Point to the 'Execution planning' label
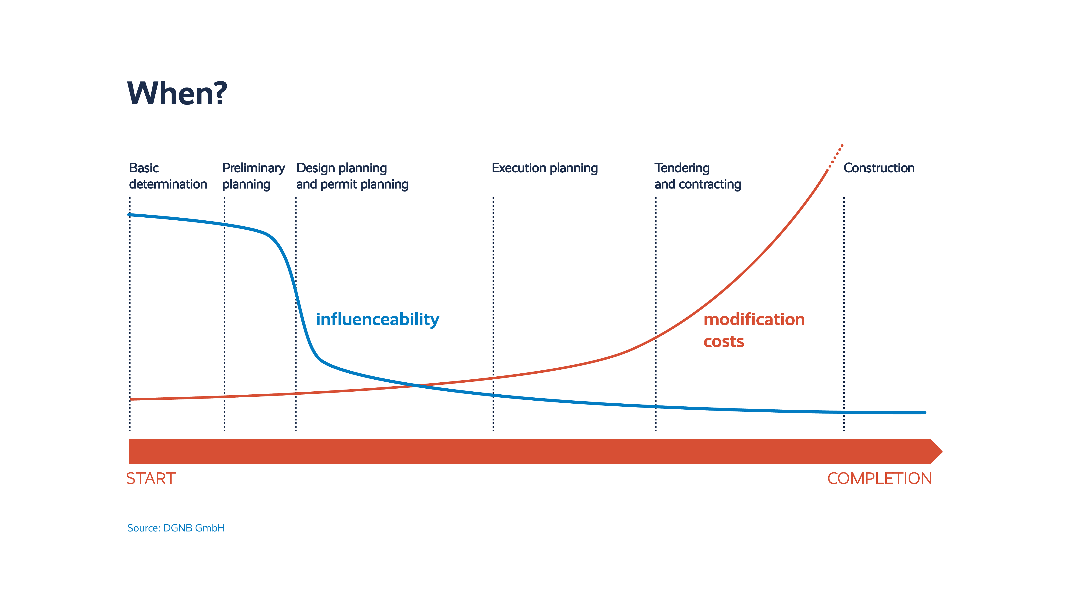point(544,168)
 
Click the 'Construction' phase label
point(879,168)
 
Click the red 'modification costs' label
point(754,330)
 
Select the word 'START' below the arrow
point(151,479)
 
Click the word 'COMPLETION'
point(879,479)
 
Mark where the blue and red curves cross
point(417,385)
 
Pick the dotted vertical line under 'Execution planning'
point(493,296)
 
